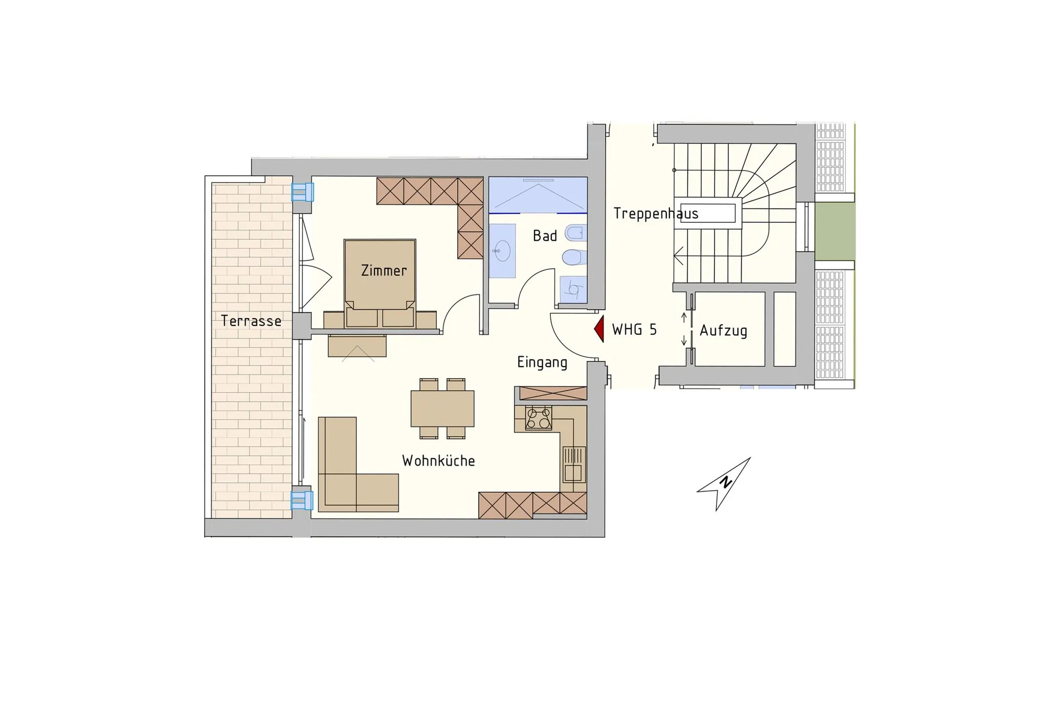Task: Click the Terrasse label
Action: [251, 321]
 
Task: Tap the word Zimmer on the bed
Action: [384, 270]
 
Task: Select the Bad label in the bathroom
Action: [545, 236]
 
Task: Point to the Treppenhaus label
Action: [656, 213]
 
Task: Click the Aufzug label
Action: [723, 331]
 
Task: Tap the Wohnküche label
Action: [438, 461]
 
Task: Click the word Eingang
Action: [542, 362]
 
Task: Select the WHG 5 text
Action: [634, 330]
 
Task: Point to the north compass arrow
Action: [724, 484]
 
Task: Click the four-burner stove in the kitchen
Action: [538, 418]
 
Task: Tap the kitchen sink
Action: [573, 464]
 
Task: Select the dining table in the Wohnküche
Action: [443, 408]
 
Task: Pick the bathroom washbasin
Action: [502, 251]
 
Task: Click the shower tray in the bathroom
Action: [538, 195]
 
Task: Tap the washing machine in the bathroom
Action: [573, 289]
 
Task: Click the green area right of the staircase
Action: [835, 231]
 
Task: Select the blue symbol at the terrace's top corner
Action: [302, 192]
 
